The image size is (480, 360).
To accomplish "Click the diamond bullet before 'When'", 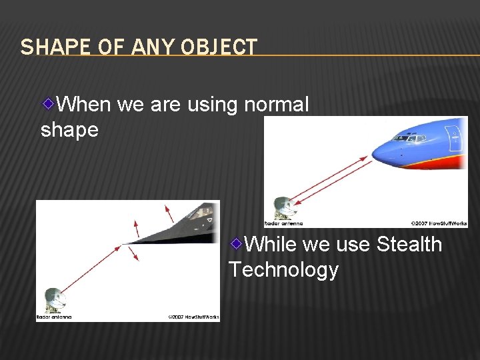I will click(49, 103).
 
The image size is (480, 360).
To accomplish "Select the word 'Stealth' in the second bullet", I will click(409, 245).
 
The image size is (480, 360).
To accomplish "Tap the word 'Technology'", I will click(283, 270).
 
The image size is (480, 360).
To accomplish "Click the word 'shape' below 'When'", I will click(69, 130).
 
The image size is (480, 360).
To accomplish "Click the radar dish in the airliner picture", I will click(283, 208).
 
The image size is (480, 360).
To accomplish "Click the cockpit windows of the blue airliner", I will click(409, 138).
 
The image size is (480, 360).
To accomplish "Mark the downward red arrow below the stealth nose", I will click(135, 254).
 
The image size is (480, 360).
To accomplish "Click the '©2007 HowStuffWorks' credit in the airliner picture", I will click(439, 223).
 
